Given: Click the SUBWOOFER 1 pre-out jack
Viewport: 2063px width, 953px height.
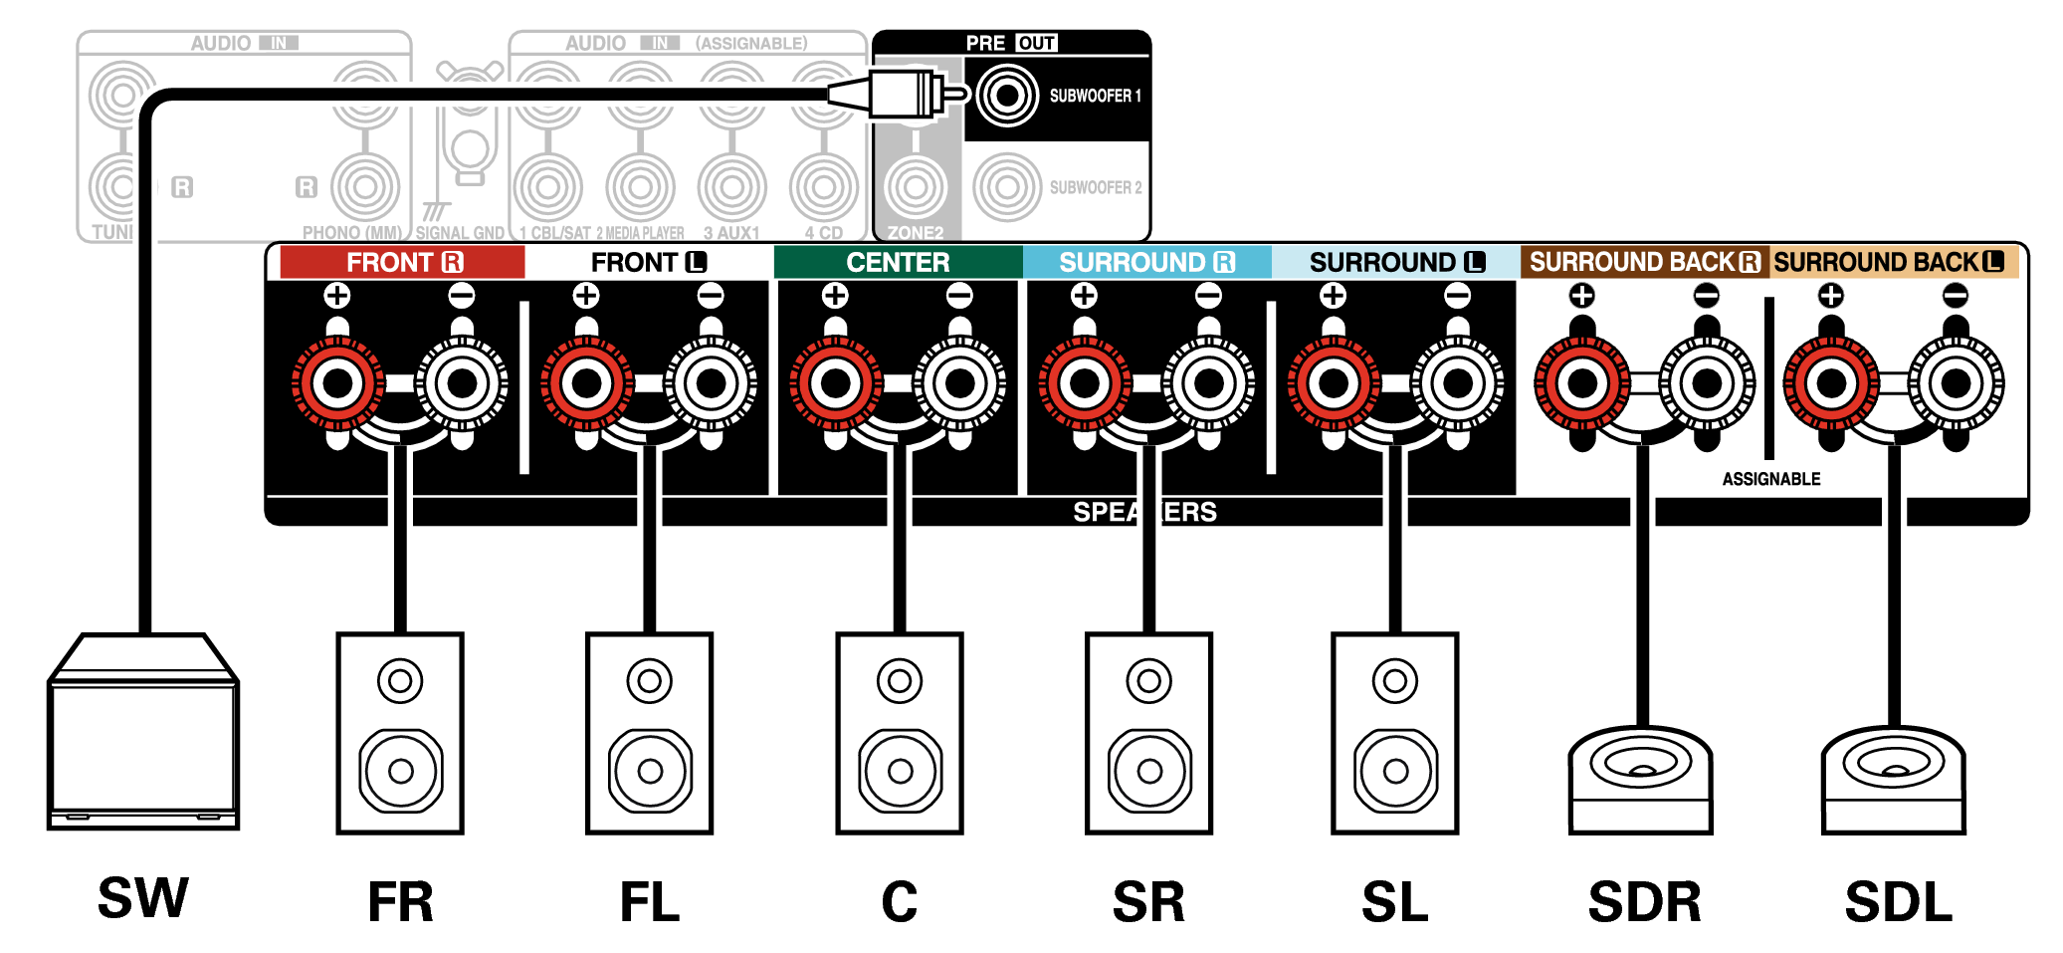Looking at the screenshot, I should (1007, 96).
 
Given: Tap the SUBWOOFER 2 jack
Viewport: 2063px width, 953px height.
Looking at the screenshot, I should (1007, 186).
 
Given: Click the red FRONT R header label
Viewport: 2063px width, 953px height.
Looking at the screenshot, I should (403, 262).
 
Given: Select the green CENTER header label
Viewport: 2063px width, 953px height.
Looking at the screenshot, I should (898, 262).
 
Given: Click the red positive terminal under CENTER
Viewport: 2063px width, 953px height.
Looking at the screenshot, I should (836, 383).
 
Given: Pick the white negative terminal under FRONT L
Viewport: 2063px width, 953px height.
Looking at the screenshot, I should (711, 383).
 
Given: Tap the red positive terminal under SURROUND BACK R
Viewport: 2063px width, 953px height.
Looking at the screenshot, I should (1582, 383).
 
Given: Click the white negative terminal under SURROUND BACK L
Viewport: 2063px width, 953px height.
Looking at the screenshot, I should (1956, 383).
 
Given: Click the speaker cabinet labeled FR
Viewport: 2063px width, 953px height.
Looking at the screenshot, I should (400, 733).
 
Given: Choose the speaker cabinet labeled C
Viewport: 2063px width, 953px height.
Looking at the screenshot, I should (900, 733).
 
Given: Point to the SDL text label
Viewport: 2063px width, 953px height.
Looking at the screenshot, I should (1898, 902).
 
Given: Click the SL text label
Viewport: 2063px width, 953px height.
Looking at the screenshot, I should (1394, 902).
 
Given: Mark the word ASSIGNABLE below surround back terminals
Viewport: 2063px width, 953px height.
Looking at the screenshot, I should (1771, 479).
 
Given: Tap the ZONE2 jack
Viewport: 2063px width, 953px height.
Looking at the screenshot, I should (916, 186).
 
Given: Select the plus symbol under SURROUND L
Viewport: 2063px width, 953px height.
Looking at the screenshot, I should (1334, 296).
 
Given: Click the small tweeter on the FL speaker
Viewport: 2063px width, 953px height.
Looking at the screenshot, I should (650, 681).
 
